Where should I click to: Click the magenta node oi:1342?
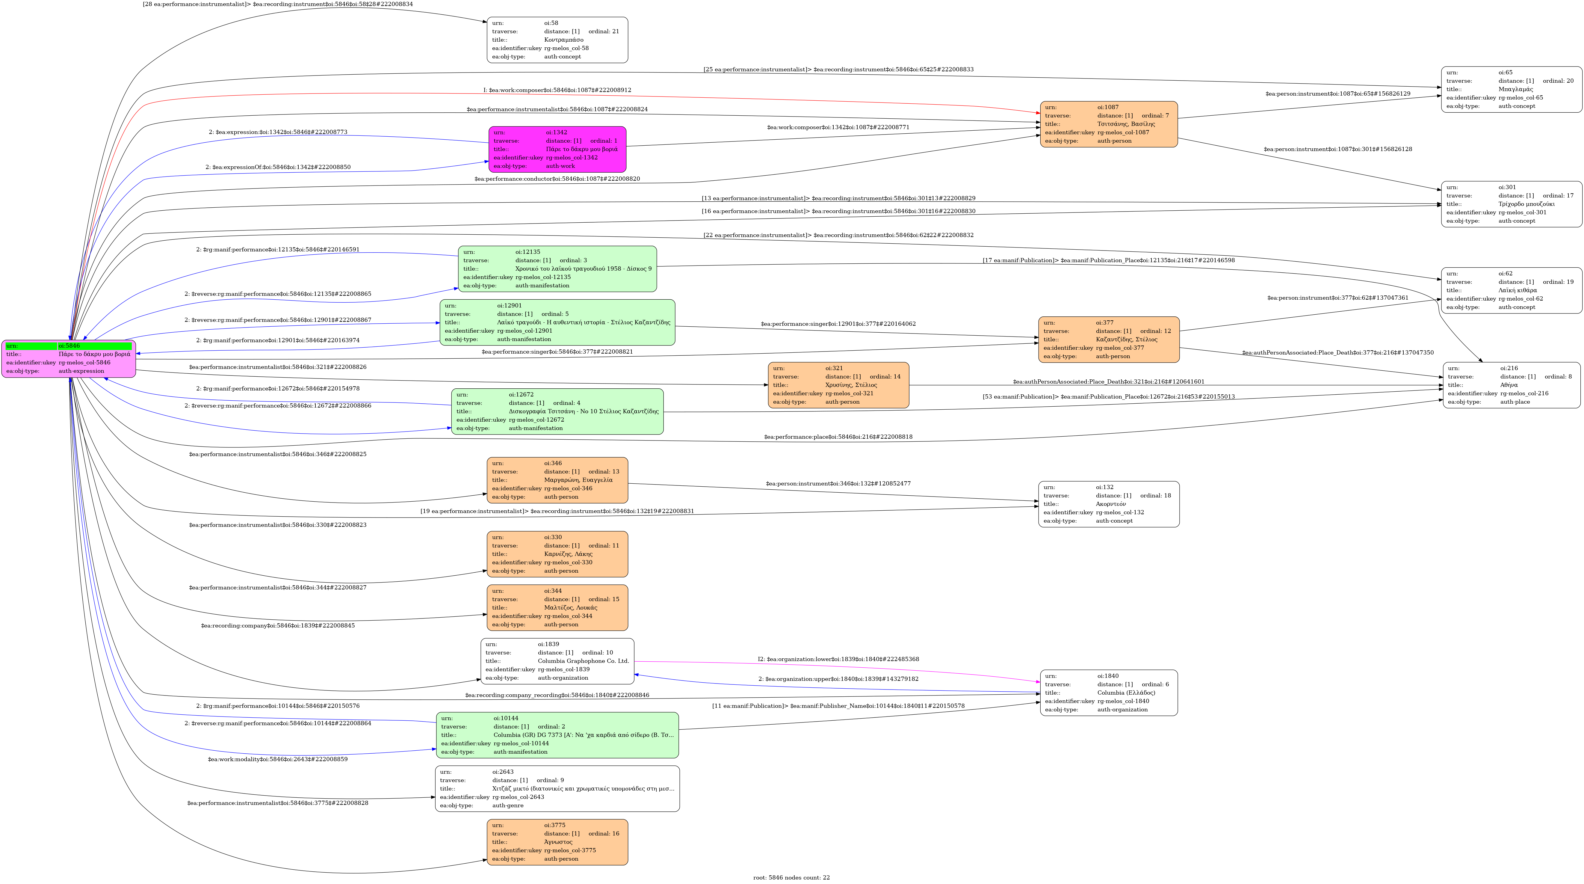(557, 149)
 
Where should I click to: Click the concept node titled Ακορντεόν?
(1109, 504)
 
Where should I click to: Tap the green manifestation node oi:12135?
(557, 269)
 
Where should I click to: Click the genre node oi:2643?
(557, 789)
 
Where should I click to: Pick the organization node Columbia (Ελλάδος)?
(1109, 693)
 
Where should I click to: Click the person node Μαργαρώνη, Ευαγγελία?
(557, 480)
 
